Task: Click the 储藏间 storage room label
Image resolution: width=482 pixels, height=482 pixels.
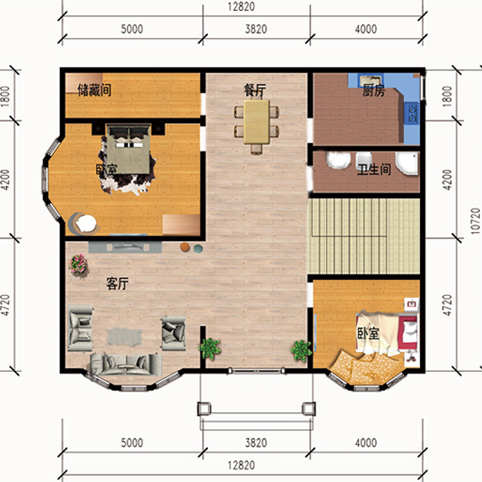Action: point(94,91)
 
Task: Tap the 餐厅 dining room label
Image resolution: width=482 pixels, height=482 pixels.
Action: point(255,91)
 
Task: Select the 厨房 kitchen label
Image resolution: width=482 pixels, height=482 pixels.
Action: point(373,91)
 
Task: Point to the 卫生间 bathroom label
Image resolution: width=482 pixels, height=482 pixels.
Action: point(374,170)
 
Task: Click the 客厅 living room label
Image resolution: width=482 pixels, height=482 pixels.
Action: point(118,283)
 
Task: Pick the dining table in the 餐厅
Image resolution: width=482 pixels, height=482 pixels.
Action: point(256,121)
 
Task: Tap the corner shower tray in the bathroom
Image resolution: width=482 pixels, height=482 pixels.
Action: point(407,163)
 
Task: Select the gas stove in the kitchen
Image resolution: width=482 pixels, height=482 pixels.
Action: point(412,112)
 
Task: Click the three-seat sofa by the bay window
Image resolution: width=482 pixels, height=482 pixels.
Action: point(126,364)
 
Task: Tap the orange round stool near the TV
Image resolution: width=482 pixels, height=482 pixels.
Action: point(184,247)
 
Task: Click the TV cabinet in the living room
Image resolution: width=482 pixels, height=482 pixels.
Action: point(125,247)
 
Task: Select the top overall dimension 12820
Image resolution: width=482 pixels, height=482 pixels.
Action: point(241,6)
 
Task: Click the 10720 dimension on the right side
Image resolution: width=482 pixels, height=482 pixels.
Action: point(475,221)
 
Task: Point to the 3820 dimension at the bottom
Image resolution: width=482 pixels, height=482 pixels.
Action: point(256,443)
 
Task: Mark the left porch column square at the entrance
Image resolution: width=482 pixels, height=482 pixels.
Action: point(204,409)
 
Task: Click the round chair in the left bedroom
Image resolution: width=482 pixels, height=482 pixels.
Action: point(84,223)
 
